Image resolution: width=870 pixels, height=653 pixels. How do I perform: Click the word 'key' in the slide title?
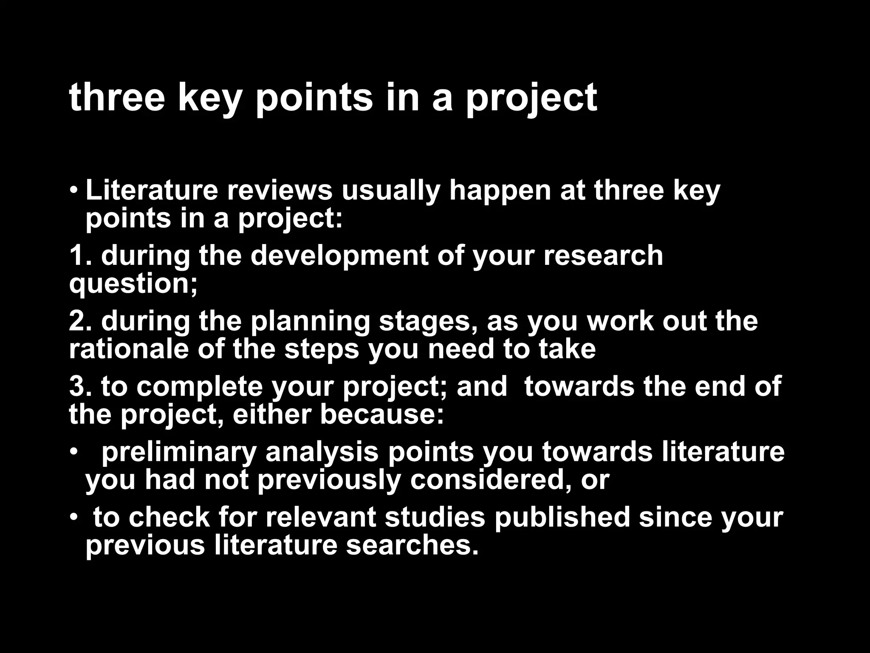[208, 99]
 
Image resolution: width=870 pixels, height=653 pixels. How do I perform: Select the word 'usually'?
[391, 191]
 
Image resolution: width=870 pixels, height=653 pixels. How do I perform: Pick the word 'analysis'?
[322, 453]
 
